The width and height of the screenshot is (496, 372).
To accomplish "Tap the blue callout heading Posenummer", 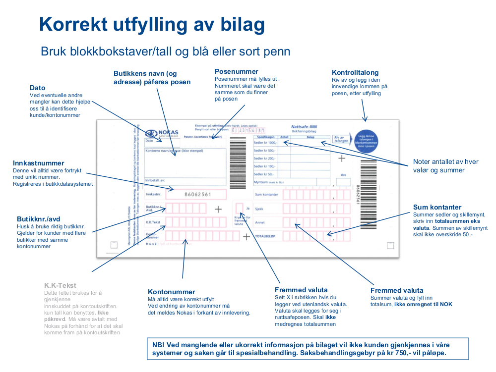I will click(237, 72).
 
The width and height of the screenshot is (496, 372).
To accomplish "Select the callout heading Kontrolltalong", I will click(355, 72).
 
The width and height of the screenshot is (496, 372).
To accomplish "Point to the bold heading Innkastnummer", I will click(39, 163).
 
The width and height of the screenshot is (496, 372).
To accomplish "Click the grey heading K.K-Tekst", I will click(60, 285).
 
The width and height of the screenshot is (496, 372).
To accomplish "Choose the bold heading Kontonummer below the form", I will click(172, 292).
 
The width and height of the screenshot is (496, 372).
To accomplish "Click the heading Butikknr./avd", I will click(39, 218).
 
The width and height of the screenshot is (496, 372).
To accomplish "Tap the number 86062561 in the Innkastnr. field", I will click(197, 195).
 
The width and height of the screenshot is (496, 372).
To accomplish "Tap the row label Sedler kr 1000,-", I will click(265, 143).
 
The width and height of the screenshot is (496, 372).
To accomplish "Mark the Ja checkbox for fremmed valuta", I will click(239, 207).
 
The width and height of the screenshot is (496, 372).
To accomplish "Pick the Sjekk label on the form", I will click(259, 209).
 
